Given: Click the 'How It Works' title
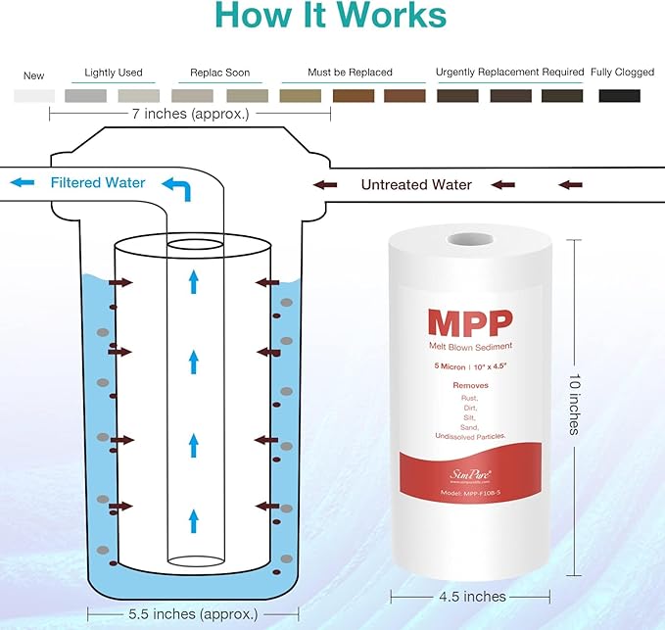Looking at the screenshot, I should [331, 17].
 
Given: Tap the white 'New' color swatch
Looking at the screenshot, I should [34, 96].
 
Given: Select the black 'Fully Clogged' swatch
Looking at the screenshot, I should [619, 96].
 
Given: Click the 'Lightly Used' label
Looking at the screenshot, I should [114, 73].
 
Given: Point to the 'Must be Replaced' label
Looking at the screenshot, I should [350, 73].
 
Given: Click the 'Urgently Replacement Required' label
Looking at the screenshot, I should [509, 73].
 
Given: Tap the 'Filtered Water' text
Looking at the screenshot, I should [98, 183].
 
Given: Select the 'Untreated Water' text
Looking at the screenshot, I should [416, 185].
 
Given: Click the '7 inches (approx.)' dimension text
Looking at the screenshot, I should [192, 114].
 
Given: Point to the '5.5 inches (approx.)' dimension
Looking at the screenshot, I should [192, 614].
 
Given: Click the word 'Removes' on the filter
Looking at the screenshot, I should [469, 385].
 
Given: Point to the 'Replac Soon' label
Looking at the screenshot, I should [219, 73].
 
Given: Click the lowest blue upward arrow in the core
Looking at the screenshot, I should [193, 518].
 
